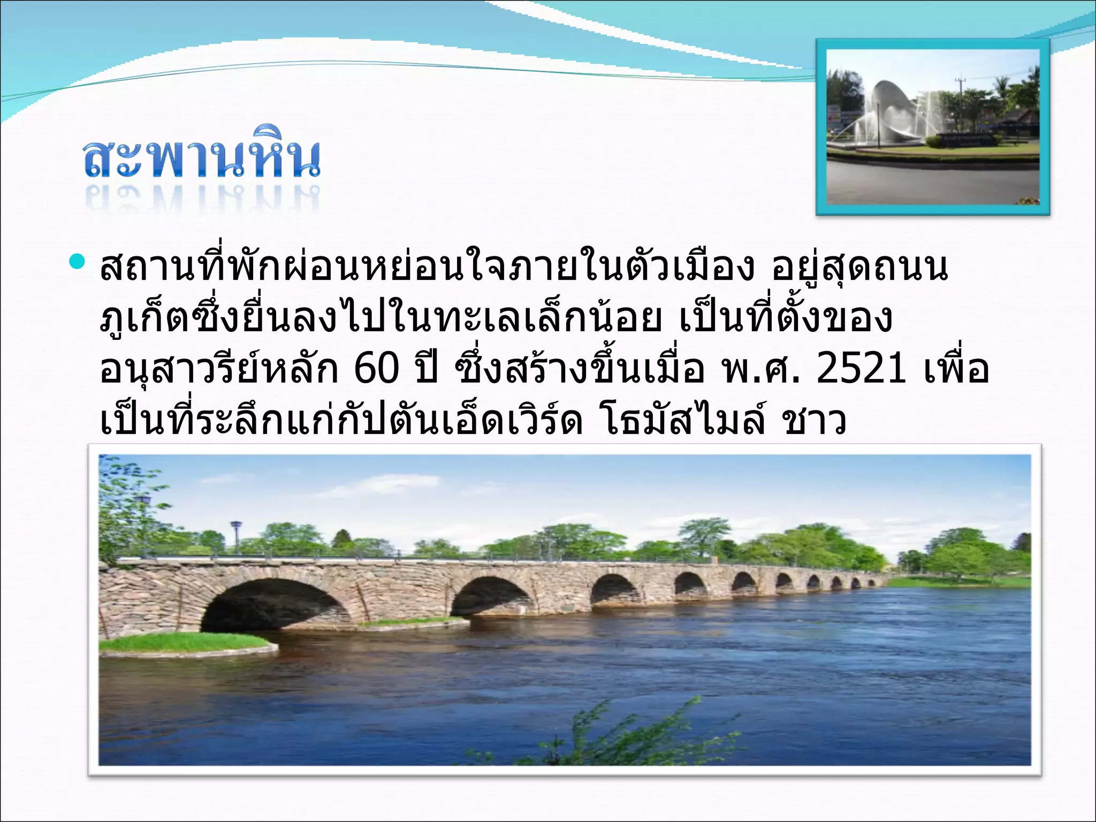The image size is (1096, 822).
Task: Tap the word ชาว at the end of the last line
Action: (x=814, y=421)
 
